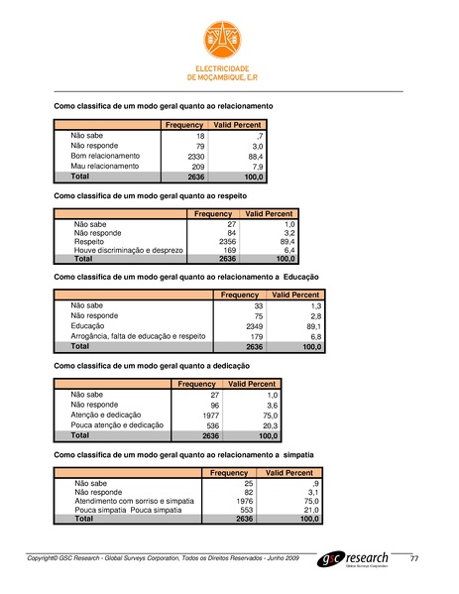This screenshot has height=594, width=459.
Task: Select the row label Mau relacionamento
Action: click(x=105, y=167)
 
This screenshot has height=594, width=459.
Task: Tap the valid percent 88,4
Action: click(x=255, y=157)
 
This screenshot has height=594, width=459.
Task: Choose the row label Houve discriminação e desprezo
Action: click(x=127, y=250)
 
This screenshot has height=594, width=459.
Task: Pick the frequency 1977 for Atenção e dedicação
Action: click(x=210, y=416)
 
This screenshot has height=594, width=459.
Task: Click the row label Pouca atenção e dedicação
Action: click(x=117, y=425)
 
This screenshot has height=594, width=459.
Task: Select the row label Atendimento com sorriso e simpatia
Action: click(x=135, y=501)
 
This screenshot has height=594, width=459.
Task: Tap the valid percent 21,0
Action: click(x=308, y=510)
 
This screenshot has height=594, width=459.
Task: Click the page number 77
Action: click(x=414, y=560)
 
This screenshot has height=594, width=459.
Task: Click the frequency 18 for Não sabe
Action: click(x=200, y=136)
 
